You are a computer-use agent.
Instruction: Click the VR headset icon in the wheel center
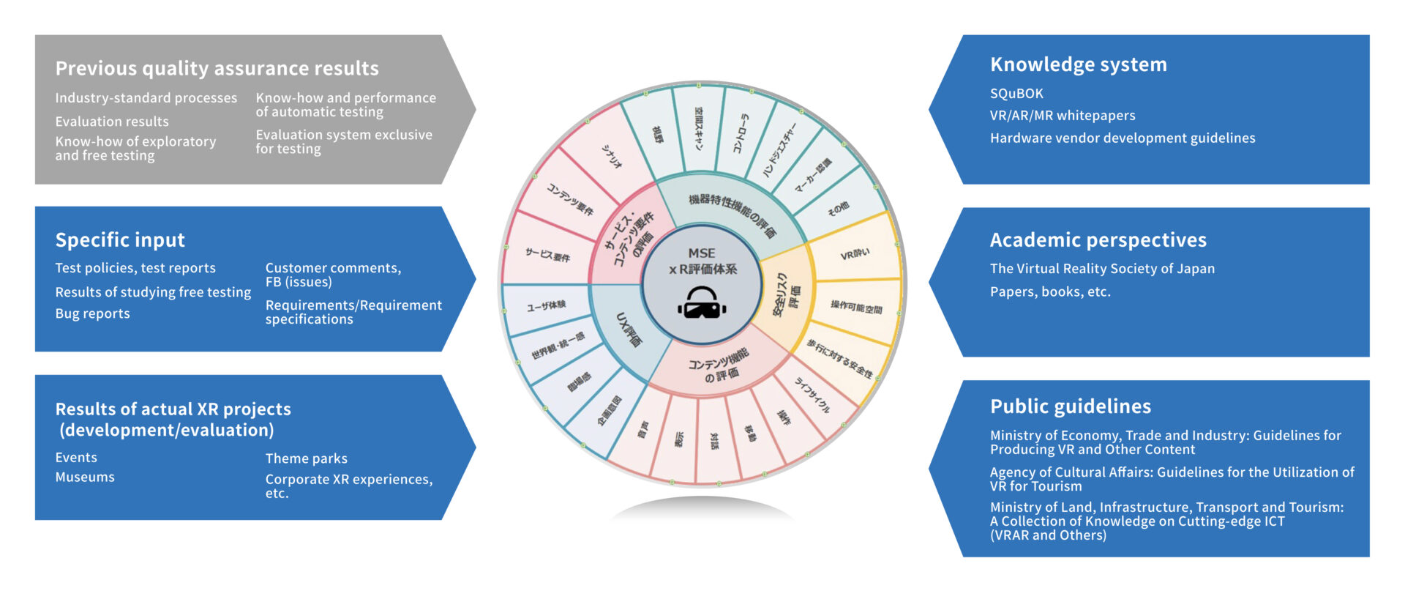tap(702, 303)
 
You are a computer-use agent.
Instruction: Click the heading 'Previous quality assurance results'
tap(217, 68)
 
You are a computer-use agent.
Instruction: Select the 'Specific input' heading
tap(120, 240)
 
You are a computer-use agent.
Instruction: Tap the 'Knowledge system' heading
tap(1078, 64)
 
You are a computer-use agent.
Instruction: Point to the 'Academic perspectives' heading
tap(1098, 240)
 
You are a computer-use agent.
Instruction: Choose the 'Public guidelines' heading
tap(1070, 406)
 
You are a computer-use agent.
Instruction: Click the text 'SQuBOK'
tap(1016, 94)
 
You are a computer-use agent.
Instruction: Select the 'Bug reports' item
tap(92, 313)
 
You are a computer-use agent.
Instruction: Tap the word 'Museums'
tap(85, 477)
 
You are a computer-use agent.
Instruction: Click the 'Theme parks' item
tap(306, 458)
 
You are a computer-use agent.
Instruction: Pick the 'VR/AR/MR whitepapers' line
tap(1063, 116)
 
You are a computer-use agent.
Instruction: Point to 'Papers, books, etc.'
tap(1050, 291)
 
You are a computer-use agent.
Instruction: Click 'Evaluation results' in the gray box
tap(112, 122)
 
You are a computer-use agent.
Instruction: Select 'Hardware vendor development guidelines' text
tap(1122, 138)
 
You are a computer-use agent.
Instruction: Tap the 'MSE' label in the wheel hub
tap(701, 253)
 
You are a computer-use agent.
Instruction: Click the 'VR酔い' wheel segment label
tap(855, 255)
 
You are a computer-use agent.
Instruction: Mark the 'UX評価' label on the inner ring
tap(629, 330)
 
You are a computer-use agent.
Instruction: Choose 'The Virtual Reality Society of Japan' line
tap(1102, 269)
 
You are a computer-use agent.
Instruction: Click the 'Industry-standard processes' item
tap(146, 98)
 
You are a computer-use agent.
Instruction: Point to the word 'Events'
tap(76, 458)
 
